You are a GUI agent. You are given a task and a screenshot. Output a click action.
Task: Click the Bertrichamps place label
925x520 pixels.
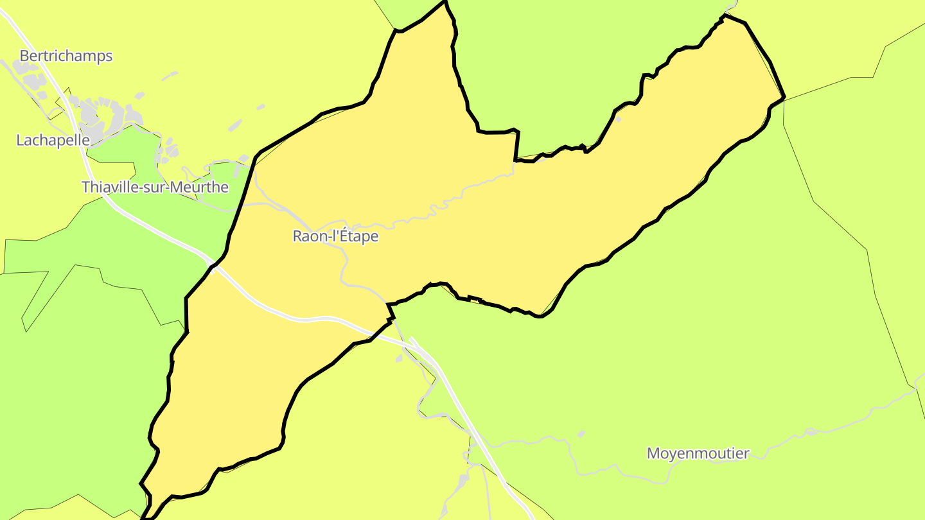[x=66, y=56]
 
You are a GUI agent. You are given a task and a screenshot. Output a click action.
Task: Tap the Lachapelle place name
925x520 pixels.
[x=53, y=140]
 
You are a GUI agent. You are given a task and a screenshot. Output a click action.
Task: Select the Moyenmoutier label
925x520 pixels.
[x=698, y=453]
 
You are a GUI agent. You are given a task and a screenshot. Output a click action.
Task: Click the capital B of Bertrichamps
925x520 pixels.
[x=24, y=56]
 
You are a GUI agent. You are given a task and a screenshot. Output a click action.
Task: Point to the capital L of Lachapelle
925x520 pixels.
[x=20, y=140]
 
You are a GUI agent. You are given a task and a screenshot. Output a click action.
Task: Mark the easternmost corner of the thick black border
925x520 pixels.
[x=784, y=98]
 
